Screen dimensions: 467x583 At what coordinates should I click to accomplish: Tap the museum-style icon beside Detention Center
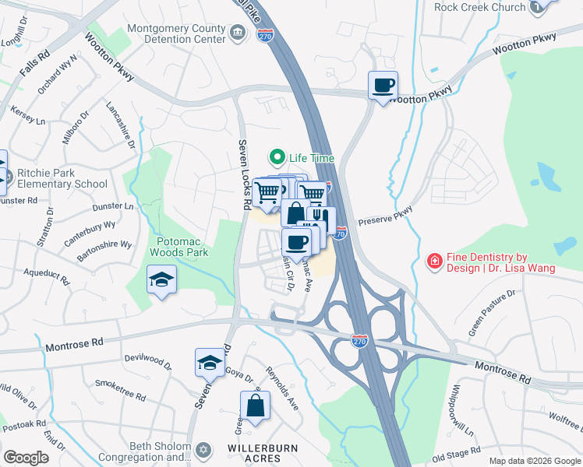point(239,33)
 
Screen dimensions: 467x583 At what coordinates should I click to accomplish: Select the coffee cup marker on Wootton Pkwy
point(383,85)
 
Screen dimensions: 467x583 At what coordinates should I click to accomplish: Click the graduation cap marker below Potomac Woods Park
point(161,279)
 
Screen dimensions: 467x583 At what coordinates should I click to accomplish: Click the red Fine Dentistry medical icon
point(434,262)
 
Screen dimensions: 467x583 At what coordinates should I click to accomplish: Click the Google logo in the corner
point(26,457)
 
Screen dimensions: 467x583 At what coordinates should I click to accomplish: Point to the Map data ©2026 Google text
point(534,461)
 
